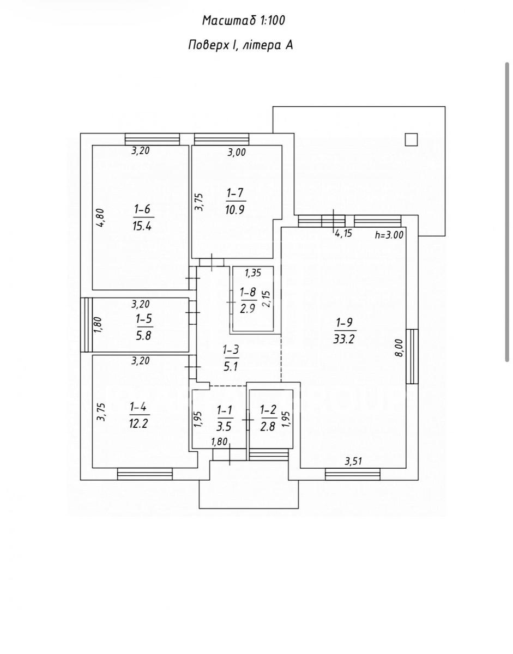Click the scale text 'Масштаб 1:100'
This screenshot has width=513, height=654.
pyautogui.click(x=243, y=21)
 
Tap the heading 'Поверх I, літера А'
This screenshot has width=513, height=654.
pyautogui.click(x=240, y=45)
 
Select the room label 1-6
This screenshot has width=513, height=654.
pyautogui.click(x=143, y=209)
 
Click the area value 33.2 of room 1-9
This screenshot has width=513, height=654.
pyautogui.click(x=344, y=339)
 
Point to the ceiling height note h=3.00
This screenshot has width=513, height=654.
pyautogui.click(x=389, y=235)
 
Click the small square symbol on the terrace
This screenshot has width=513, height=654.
pyautogui.click(x=411, y=140)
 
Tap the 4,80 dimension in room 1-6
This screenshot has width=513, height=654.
pyautogui.click(x=101, y=217)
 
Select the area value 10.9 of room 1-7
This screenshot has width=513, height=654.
pyautogui.click(x=235, y=209)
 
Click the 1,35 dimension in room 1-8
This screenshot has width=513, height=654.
pyautogui.click(x=252, y=273)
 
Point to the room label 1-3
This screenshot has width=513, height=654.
pyautogui.click(x=231, y=350)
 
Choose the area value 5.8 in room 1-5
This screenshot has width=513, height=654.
pyautogui.click(x=143, y=335)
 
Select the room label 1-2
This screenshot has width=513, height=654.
pyautogui.click(x=269, y=409)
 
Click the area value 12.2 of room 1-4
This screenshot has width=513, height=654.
pyautogui.click(x=140, y=424)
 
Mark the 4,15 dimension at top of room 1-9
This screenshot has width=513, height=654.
pyautogui.click(x=343, y=233)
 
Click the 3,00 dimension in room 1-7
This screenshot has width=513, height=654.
pyautogui.click(x=237, y=152)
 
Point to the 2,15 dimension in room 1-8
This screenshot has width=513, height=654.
pyautogui.click(x=267, y=298)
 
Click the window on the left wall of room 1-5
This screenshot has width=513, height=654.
pyautogui.click(x=86, y=325)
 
